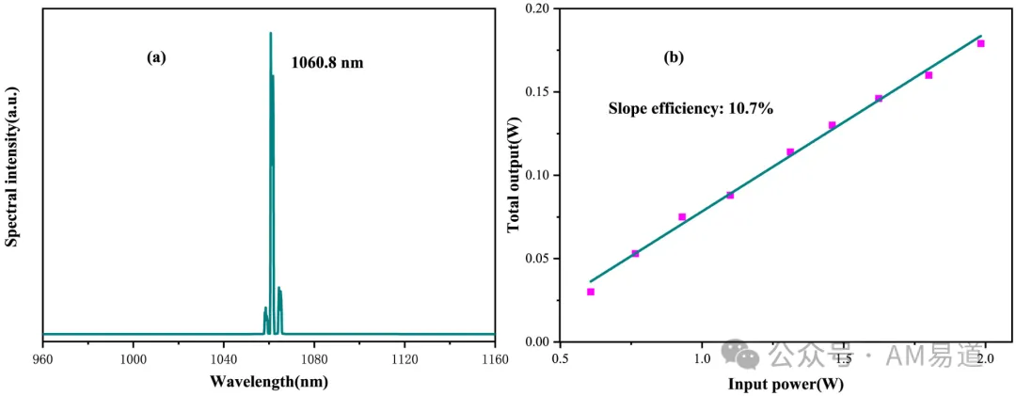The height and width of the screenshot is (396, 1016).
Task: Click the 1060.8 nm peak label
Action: click(327, 65)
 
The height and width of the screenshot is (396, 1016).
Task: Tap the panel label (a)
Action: click(156, 57)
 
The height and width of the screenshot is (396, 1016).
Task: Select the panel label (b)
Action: click(674, 57)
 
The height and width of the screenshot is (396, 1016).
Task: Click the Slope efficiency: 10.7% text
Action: click(691, 109)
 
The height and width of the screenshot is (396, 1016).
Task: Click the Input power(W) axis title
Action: click(786, 384)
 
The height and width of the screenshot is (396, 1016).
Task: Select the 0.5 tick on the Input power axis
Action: click(561, 358)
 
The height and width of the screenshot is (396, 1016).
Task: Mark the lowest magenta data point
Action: click(590, 292)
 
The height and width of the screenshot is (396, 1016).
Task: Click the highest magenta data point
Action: click(981, 43)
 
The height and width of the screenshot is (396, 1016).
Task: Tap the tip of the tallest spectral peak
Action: click(271, 32)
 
